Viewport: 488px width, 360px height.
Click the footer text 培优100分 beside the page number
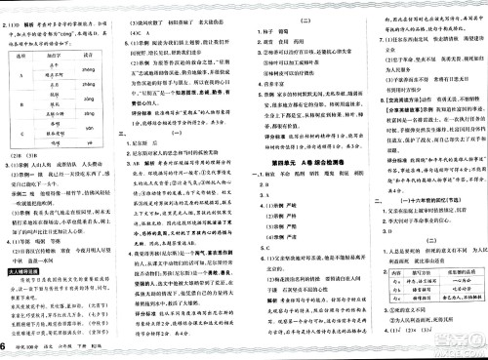point(37,351)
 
